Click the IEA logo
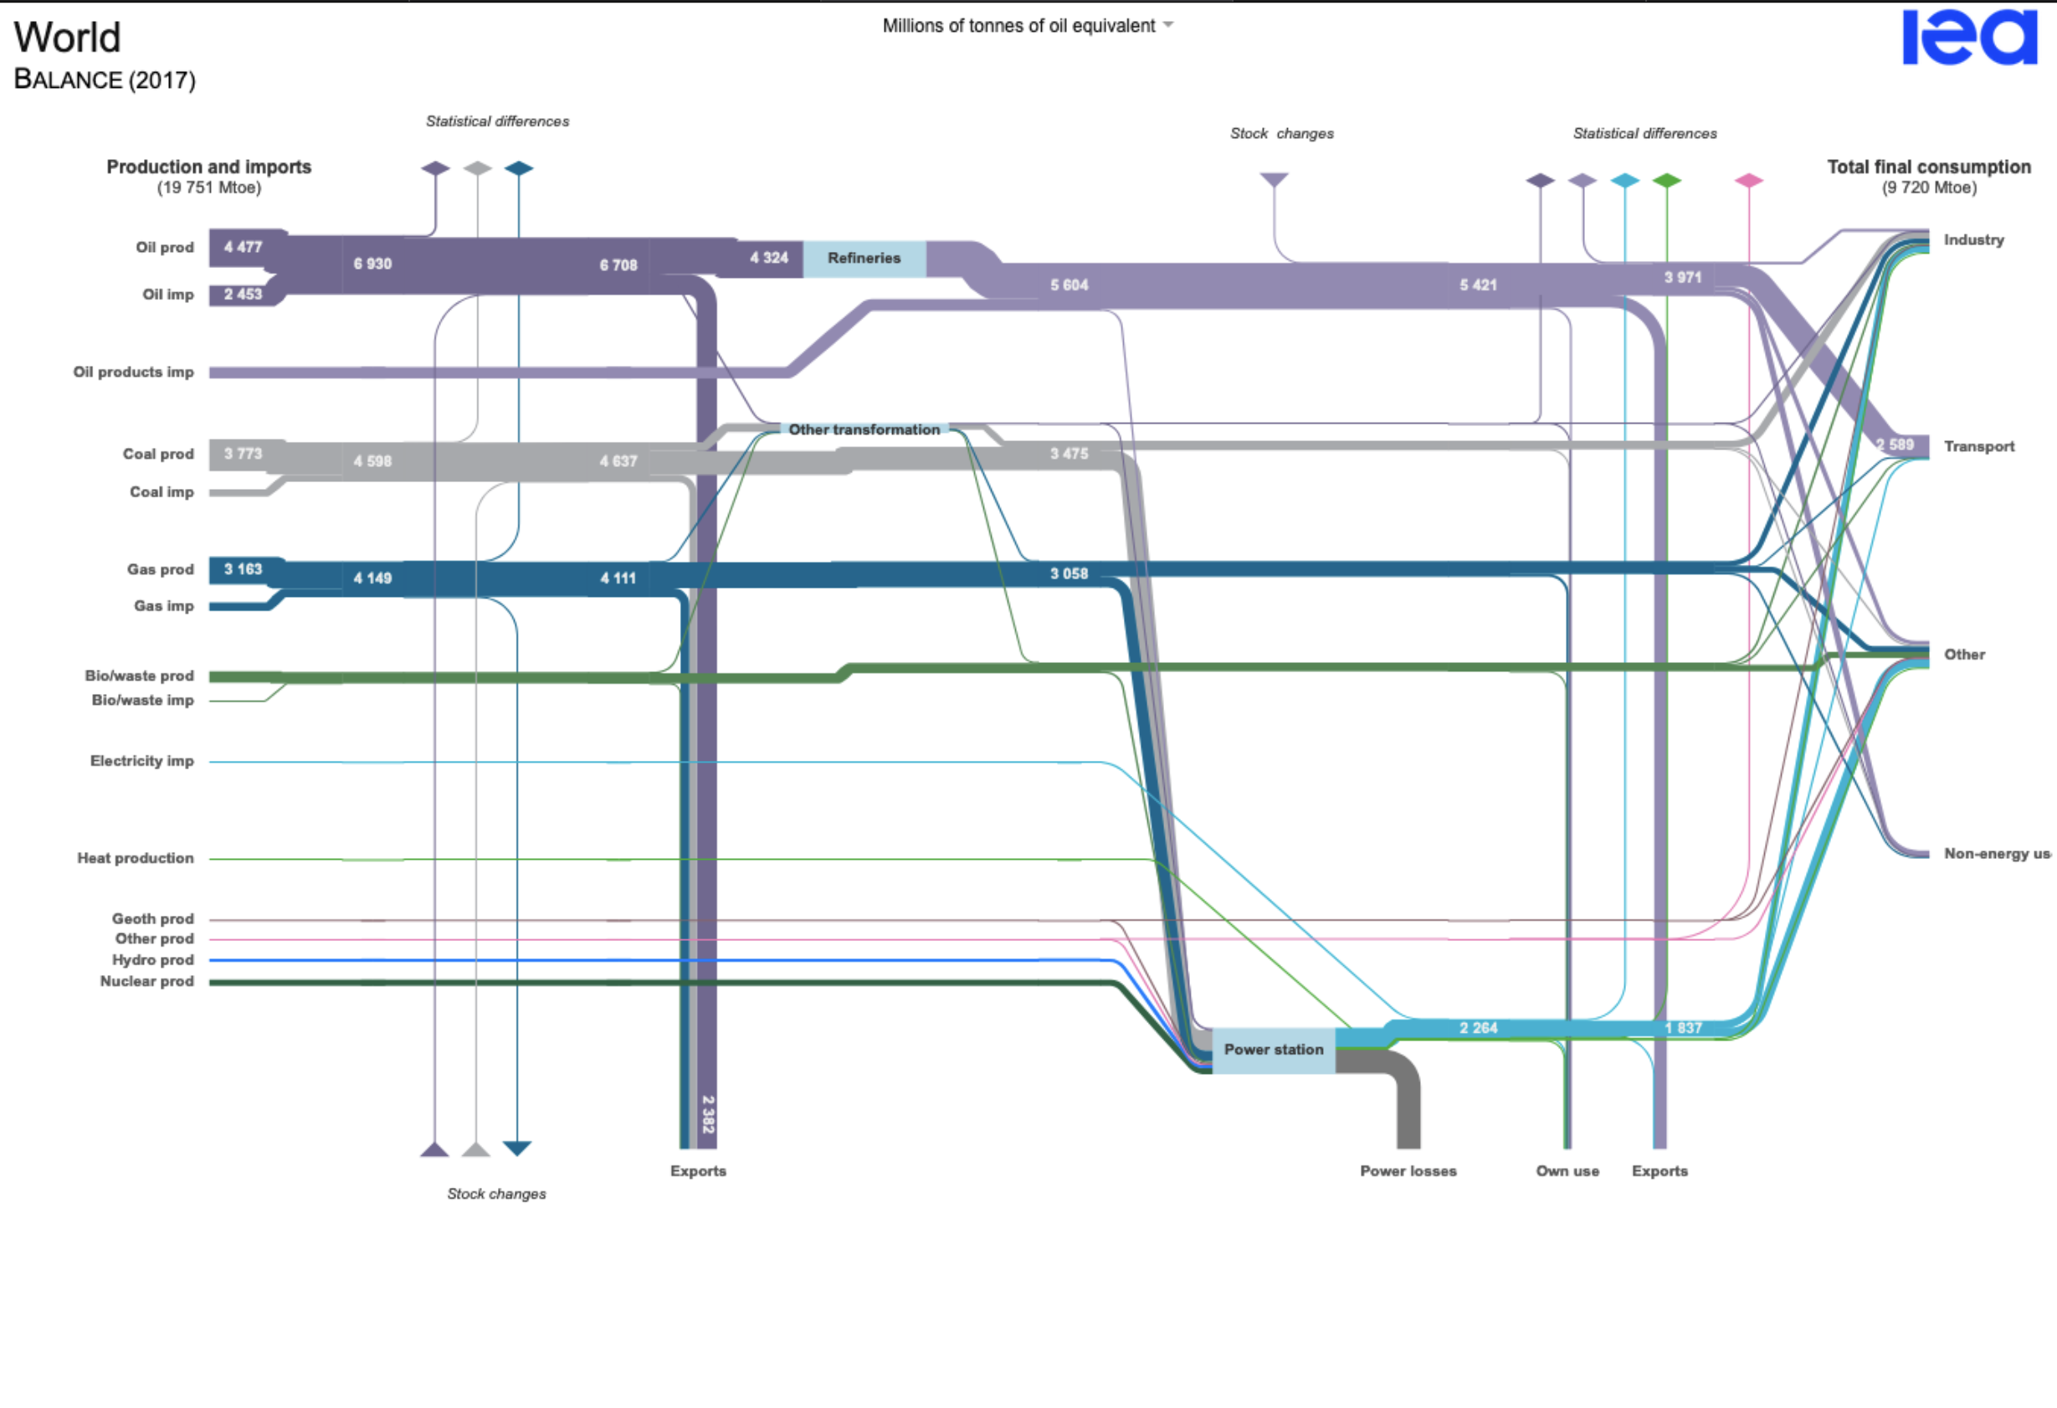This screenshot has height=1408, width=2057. pyautogui.click(x=1969, y=37)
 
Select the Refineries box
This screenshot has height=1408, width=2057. pyautogui.click(x=864, y=259)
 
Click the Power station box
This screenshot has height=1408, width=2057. pyautogui.click(x=1273, y=1051)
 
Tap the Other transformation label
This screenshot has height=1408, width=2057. pyautogui.click(x=864, y=429)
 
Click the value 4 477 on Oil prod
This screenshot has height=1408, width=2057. pyautogui.click(x=243, y=247)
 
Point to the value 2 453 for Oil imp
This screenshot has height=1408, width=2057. pyautogui.click(x=243, y=294)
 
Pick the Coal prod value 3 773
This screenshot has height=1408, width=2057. pyautogui.click(x=243, y=454)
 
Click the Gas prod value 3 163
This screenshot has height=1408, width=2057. pyautogui.click(x=243, y=569)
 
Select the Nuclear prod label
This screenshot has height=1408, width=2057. pyautogui.click(x=147, y=981)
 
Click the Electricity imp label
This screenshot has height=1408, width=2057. pyautogui.click(x=141, y=761)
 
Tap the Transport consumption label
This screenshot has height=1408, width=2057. pyautogui.click(x=1978, y=446)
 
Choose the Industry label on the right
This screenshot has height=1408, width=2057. pyautogui.click(x=1973, y=240)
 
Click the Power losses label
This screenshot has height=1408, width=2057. pyautogui.click(x=1408, y=1170)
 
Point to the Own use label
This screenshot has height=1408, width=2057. pyautogui.click(x=1567, y=1170)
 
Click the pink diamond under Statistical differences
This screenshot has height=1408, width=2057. pyautogui.click(x=1748, y=181)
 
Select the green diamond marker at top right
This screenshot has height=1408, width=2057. pyautogui.click(x=1667, y=181)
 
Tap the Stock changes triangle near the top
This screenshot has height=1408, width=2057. pyautogui.click(x=1274, y=180)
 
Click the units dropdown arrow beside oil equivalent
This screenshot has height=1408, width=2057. pyautogui.click(x=1168, y=25)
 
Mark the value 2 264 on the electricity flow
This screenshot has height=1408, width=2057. pyautogui.click(x=1478, y=1028)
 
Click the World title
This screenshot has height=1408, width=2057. pyautogui.click(x=67, y=37)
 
